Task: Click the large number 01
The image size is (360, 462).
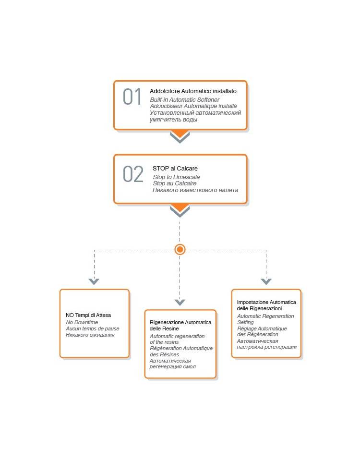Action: (x=132, y=97)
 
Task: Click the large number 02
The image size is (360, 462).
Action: (x=133, y=174)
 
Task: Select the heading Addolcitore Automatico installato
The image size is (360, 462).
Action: (x=193, y=91)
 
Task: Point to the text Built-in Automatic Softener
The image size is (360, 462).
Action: (x=184, y=99)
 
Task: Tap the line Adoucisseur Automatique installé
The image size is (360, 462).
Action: (x=193, y=106)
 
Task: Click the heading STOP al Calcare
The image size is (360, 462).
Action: (x=175, y=168)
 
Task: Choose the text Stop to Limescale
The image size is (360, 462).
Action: (x=176, y=177)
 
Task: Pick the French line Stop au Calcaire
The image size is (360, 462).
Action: (x=174, y=183)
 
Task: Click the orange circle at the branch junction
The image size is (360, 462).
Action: (x=180, y=249)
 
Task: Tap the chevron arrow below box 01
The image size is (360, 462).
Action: (x=180, y=137)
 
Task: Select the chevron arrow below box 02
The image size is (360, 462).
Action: (x=180, y=211)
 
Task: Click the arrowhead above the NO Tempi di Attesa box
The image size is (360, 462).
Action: (x=94, y=281)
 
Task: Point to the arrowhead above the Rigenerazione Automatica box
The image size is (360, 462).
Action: (x=180, y=302)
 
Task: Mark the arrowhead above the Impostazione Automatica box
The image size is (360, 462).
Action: (x=266, y=281)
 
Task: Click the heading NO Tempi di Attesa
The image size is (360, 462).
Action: (x=88, y=315)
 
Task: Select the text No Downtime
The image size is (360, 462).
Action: (x=82, y=322)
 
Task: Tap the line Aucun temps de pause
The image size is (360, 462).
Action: (x=93, y=328)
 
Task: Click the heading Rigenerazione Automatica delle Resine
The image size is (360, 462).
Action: (x=180, y=325)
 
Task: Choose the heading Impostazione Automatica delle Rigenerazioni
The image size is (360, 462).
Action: (x=266, y=305)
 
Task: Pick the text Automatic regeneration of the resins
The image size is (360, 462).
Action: (x=177, y=339)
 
